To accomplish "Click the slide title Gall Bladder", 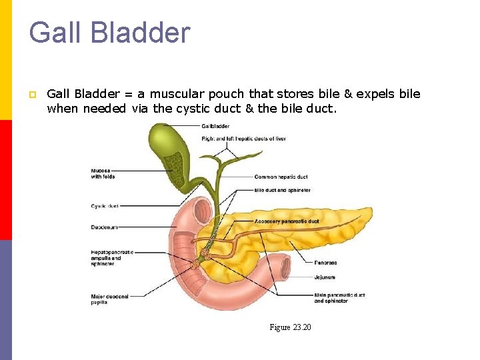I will tap(109, 33).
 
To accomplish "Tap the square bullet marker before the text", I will tap(31, 95).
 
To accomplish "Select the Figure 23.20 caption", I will tap(290, 327).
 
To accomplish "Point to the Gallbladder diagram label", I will tap(215, 126).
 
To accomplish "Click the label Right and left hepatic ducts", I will tap(243, 139).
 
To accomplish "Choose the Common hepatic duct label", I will tap(281, 177).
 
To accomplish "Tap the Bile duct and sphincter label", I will tap(282, 190).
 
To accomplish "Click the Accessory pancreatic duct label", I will tap(287, 221).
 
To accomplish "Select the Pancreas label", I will tap(325, 263).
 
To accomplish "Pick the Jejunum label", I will tap(325, 277).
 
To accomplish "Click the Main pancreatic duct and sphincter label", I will tap(339, 297).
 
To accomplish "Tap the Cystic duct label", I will tap(104, 206).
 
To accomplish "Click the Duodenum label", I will tap(104, 227).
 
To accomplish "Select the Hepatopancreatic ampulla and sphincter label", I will tap(112, 257).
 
